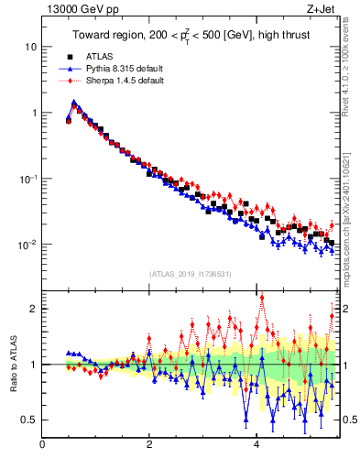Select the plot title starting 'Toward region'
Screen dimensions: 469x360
click(x=189, y=37)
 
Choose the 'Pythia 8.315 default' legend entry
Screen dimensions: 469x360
click(x=117, y=69)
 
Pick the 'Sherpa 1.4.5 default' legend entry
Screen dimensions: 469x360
click(x=119, y=81)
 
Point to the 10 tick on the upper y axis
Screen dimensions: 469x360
click(x=30, y=47)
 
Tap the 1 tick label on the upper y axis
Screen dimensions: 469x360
click(x=33, y=113)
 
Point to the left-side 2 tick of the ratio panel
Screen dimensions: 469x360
click(x=33, y=309)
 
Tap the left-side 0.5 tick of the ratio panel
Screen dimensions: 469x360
click(x=29, y=420)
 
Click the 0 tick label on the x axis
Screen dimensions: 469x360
click(x=42, y=446)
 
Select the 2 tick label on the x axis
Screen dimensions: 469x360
click(x=149, y=446)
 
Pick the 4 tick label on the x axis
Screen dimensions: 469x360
click(x=256, y=446)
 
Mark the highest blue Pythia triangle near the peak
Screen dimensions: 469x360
click(x=73, y=103)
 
